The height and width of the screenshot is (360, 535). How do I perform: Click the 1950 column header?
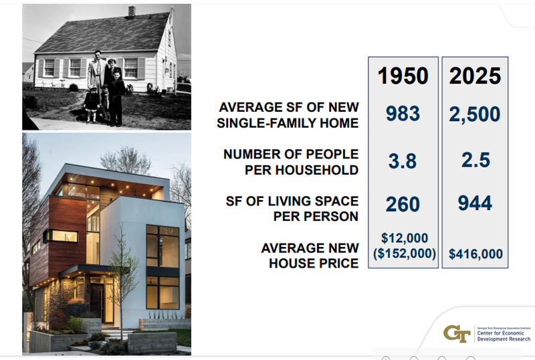[x=403, y=75]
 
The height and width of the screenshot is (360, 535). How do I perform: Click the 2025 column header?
[x=475, y=75]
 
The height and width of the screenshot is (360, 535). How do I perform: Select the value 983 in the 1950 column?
[x=403, y=114]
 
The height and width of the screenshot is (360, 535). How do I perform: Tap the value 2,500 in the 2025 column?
[x=475, y=114]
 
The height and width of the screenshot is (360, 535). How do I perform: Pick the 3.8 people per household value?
[x=403, y=161]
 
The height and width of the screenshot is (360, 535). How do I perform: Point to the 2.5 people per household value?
[x=475, y=161]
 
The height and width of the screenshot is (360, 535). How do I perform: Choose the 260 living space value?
[x=403, y=204]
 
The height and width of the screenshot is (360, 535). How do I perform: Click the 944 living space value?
[x=475, y=204]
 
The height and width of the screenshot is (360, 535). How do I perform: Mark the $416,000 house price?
[x=475, y=254]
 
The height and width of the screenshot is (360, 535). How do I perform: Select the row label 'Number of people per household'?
[x=291, y=162]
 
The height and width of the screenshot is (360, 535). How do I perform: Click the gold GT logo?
[x=457, y=333]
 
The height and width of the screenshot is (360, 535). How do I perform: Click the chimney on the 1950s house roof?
[x=132, y=11]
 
